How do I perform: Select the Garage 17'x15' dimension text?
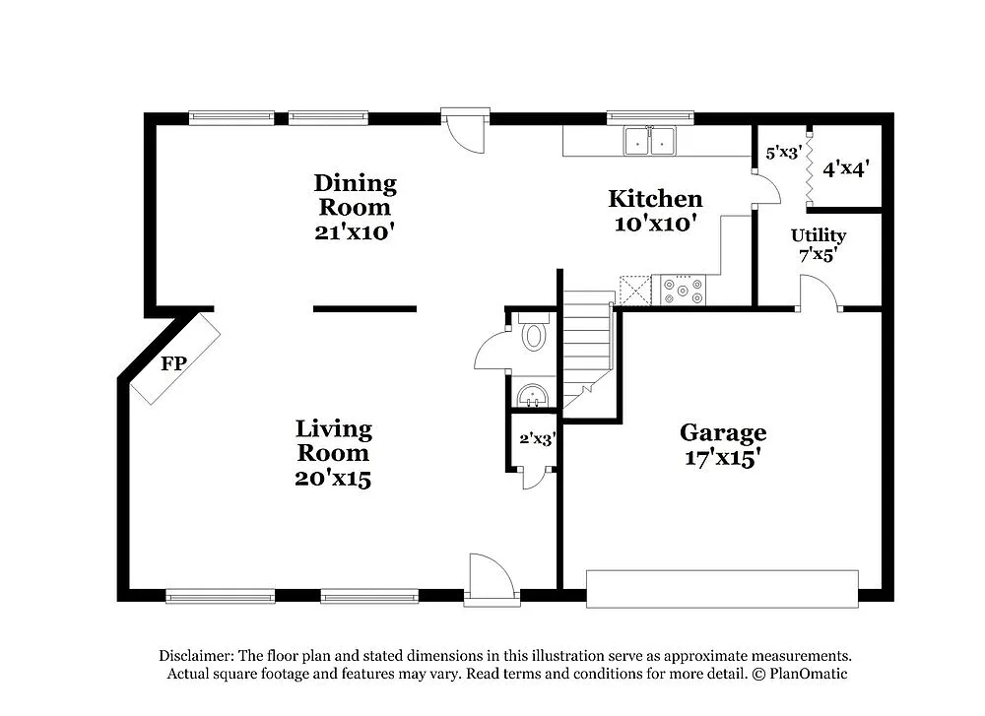722,457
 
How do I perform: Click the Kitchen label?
655,200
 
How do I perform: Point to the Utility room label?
819,236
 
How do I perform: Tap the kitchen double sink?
650,142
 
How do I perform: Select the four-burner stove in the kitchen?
684,290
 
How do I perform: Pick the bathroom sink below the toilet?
533,396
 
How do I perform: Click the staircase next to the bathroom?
587,345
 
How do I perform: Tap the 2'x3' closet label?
538,439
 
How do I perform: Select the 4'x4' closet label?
845,168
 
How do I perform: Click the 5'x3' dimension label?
783,154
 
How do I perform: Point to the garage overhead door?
722,588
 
